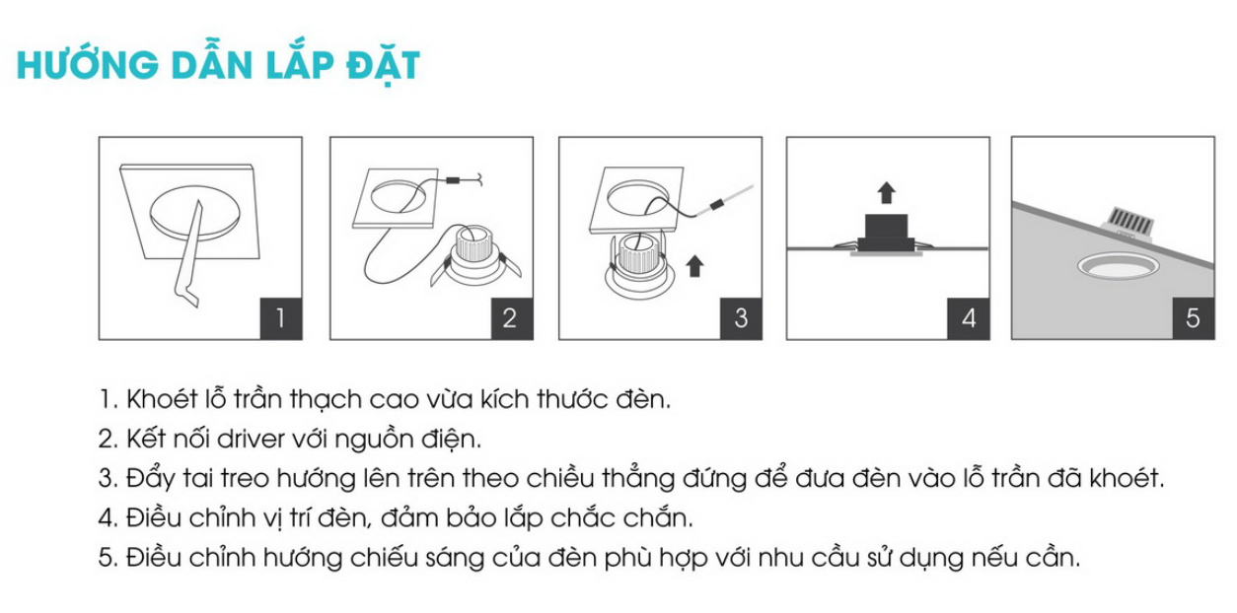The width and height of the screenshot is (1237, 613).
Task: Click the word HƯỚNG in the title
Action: coord(88,65)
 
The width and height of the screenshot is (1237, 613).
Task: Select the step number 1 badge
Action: coord(281,318)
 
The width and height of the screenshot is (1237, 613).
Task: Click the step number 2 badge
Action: coord(512,318)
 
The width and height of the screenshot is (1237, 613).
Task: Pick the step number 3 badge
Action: coord(741,318)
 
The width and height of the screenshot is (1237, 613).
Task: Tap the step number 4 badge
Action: coord(969,318)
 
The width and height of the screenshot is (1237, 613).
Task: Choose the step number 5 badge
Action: coord(1194,318)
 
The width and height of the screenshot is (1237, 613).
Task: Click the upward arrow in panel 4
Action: coord(887,192)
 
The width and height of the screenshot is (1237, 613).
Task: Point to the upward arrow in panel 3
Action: coord(694,266)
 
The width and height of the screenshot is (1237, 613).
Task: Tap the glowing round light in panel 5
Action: coord(1118,266)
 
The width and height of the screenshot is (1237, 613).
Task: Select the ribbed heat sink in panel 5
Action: coord(1128,223)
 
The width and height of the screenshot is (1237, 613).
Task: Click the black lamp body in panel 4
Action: coord(887,235)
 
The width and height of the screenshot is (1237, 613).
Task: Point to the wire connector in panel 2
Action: coord(454,180)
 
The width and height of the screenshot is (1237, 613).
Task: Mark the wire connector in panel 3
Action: coord(716,205)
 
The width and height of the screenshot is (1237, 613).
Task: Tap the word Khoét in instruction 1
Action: coord(162,398)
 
